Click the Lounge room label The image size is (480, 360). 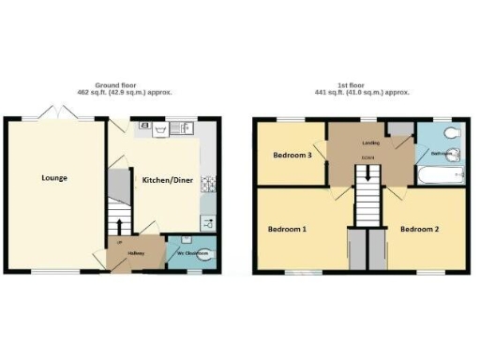(53, 177)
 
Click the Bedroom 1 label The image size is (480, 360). (289, 229)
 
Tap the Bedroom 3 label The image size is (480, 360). (292, 155)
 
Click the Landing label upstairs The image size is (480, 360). (369, 143)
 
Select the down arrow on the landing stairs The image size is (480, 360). (367, 173)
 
